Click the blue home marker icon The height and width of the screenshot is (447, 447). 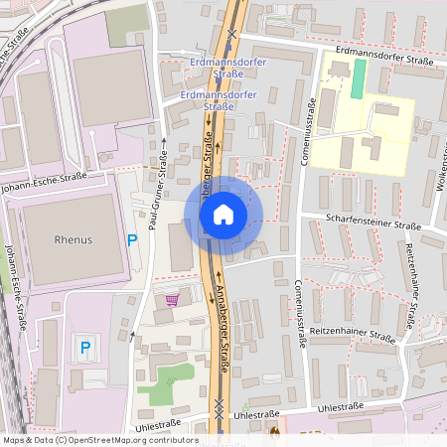[223, 215]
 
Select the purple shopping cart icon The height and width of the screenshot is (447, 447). [172, 298]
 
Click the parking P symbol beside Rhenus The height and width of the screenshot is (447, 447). [132, 239]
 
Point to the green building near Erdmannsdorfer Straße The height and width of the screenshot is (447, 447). [358, 78]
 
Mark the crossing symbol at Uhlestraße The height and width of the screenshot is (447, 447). [220, 406]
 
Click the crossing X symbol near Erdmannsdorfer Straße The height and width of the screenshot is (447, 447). [231, 34]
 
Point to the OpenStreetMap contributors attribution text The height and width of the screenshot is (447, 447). [99, 440]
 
